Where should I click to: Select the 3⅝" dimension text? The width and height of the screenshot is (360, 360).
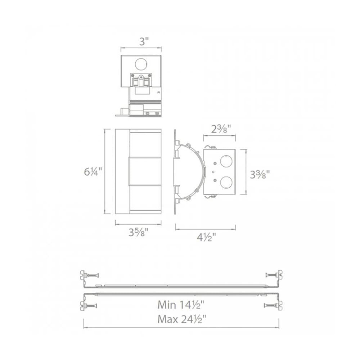(x=138, y=233)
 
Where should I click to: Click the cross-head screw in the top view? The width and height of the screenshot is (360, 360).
(x=141, y=77)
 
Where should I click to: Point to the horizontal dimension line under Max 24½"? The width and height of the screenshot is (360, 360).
(x=181, y=328)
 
